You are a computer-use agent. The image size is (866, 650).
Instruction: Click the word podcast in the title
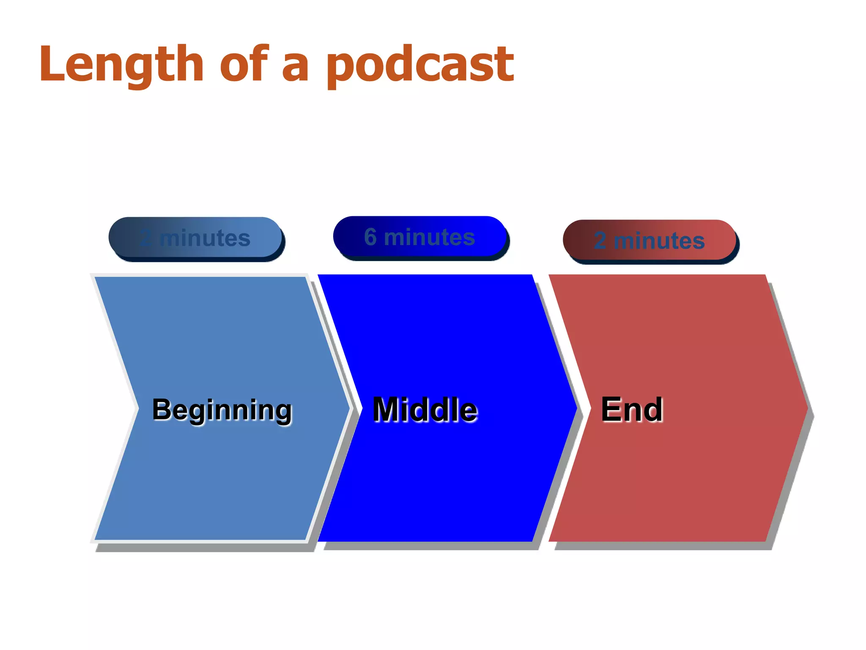tap(419, 64)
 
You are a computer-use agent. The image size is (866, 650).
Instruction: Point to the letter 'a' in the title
tap(295, 68)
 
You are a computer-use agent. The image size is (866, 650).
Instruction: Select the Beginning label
tap(222, 410)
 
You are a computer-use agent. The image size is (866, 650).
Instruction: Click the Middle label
tap(425, 410)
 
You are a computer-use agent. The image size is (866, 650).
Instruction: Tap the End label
tap(632, 410)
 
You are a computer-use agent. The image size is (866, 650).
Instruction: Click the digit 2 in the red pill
tap(600, 240)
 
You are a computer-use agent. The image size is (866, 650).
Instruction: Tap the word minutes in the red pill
tap(659, 240)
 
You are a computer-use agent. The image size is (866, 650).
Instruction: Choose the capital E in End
tap(611, 410)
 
